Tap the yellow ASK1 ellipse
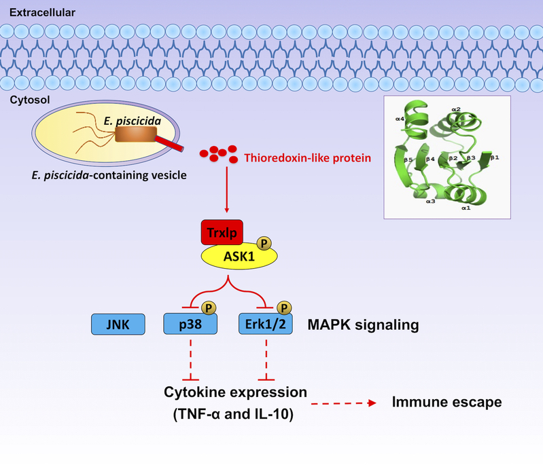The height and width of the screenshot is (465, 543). [x=238, y=257]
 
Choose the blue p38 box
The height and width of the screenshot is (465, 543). [x=190, y=324]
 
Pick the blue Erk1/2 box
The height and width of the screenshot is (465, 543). [x=264, y=324]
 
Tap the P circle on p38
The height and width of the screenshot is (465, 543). [x=209, y=308]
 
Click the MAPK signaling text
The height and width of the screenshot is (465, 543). [x=363, y=324]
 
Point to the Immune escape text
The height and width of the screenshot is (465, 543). [x=446, y=402]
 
